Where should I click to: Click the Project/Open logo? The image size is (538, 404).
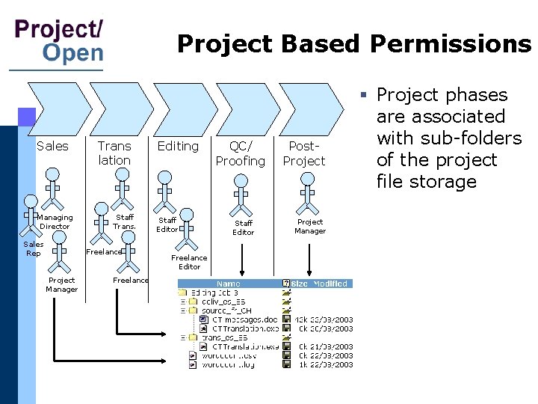tap(59, 40)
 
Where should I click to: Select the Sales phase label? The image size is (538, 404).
tap(52, 146)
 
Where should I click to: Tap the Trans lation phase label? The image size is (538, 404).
tap(114, 153)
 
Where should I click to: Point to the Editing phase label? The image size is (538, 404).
tap(178, 146)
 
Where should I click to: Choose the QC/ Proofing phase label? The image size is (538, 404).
tap(241, 153)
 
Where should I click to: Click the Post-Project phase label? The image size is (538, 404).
tap(304, 153)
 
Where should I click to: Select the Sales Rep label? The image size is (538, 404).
tap(34, 248)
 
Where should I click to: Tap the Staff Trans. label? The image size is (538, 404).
tap(124, 221)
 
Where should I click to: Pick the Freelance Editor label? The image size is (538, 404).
tap(189, 262)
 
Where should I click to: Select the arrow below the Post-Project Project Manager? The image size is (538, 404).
tap(308, 258)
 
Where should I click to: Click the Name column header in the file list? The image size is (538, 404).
tap(229, 284)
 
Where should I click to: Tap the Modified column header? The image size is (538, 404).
tap(330, 284)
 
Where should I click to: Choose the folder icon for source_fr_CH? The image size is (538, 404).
tap(194, 310)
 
